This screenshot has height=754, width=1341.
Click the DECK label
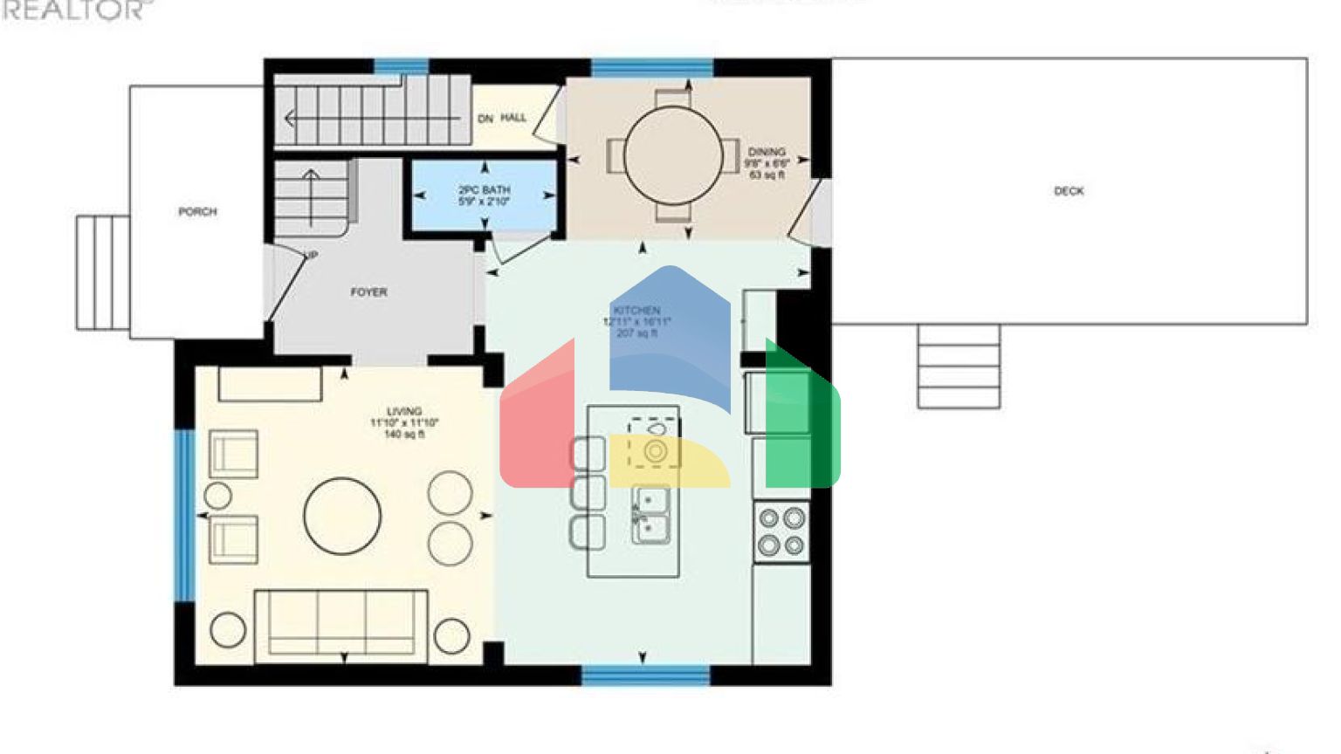[x=1069, y=191]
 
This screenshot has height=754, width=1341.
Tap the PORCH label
[x=197, y=212]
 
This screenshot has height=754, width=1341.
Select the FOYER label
[x=368, y=292]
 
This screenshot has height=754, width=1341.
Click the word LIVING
[x=404, y=411]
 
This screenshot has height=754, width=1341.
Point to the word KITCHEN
[x=636, y=311]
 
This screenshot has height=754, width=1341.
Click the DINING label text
[x=767, y=152]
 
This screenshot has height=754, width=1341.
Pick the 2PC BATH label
[x=485, y=189]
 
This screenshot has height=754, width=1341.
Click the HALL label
[x=513, y=118]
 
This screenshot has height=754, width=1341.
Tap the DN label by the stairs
[x=485, y=119]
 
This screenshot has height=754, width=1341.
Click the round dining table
[x=673, y=155]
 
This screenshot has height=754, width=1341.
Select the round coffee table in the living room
[x=342, y=516]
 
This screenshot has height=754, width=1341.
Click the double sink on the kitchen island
[x=650, y=515]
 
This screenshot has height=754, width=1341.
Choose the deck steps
[x=959, y=367]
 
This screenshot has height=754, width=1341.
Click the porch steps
[x=102, y=272]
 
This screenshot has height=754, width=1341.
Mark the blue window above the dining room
[x=652, y=67]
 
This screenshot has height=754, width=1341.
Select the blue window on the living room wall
[x=184, y=515]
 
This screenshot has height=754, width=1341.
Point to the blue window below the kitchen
[x=645, y=675]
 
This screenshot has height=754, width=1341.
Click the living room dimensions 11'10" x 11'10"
[x=404, y=423]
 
